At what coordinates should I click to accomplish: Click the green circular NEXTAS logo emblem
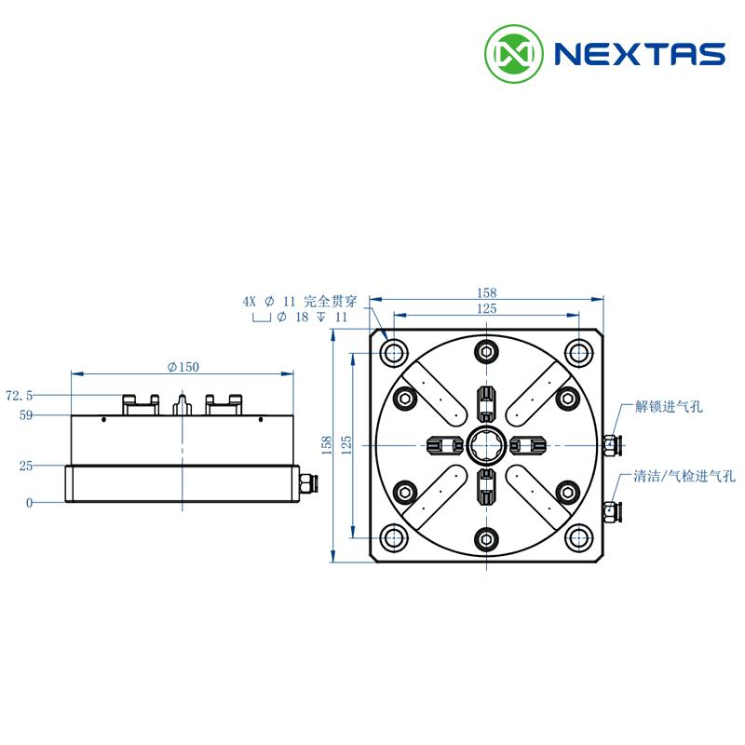514,54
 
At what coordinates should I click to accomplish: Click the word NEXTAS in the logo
640,54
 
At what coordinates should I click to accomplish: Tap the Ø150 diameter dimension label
183,367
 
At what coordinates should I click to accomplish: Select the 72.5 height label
20,395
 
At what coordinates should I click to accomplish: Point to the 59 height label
26,415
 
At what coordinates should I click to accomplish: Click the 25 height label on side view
26,467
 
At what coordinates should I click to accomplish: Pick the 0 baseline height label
30,503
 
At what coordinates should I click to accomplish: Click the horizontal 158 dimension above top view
486,292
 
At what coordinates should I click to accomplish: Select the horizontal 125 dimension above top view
486,309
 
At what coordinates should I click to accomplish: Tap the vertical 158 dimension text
327,445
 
